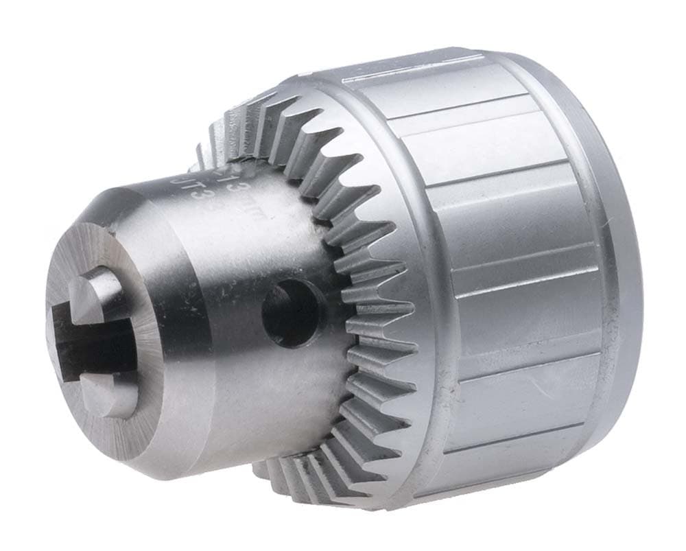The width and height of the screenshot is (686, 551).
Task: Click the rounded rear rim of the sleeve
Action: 617,274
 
